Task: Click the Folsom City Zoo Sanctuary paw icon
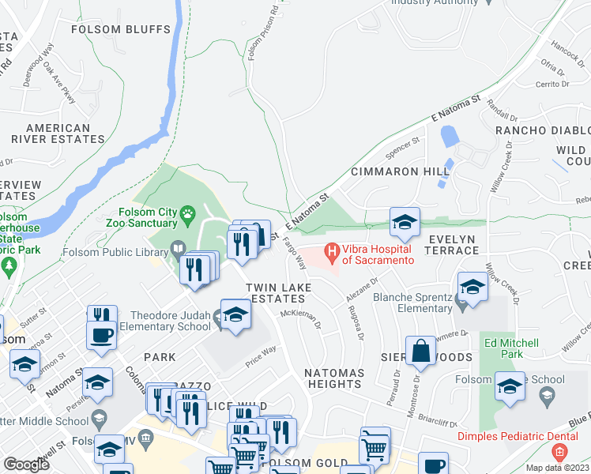point(187,213)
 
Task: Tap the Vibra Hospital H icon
point(332,254)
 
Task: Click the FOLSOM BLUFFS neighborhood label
point(132,30)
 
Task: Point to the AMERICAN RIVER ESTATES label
point(58,134)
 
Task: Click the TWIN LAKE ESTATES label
point(275,292)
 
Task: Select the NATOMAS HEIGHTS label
point(335,378)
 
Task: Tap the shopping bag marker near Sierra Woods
point(421,351)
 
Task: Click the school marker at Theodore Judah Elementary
point(235,314)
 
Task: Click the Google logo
point(26,465)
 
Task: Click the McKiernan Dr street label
point(301,320)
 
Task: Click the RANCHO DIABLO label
point(542,130)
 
